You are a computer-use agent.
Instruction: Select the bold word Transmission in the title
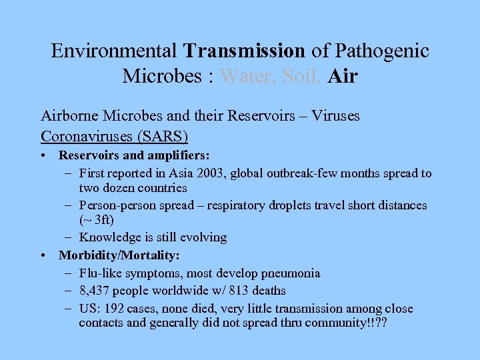pyautogui.click(x=245, y=51)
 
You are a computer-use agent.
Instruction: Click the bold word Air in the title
pyautogui.click(x=343, y=76)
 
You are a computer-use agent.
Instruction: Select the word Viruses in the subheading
pyautogui.click(x=335, y=116)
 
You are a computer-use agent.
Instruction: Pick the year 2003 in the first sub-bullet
pyautogui.click(x=225, y=174)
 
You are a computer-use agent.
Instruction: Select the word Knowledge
pyautogui.click(x=108, y=237)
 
